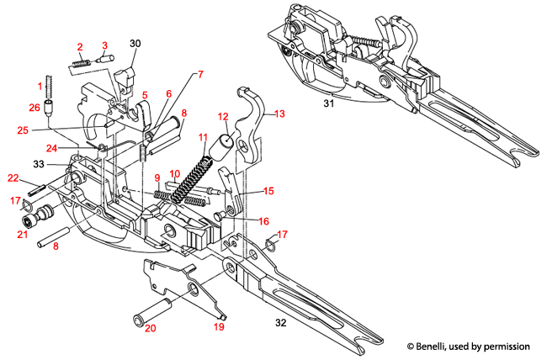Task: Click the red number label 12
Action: click(224, 117)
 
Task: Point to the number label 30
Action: click(135, 43)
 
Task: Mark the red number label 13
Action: click(280, 112)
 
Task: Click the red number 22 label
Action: click(13, 177)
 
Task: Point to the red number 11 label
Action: click(202, 137)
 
